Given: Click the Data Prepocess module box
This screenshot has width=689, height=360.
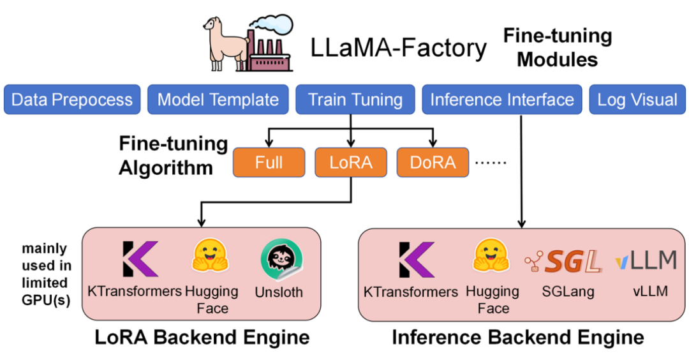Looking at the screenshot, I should [71, 100].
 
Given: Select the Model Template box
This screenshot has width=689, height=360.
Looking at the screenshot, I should [218, 100].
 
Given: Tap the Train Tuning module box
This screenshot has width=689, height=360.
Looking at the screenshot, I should [355, 100].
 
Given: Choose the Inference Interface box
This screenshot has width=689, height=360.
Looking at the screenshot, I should [501, 100].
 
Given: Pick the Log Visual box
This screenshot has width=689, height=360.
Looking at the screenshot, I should [637, 100].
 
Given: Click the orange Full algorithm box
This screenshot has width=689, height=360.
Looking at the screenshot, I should [269, 163].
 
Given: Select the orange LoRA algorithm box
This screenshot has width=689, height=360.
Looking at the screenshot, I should [350, 163].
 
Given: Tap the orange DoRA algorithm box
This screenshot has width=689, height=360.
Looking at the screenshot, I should [433, 163].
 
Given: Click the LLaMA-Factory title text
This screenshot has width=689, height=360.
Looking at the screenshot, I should [399, 48].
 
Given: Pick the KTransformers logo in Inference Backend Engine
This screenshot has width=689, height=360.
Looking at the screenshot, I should [416, 259].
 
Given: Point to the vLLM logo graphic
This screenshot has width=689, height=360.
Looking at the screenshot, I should [646, 260].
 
